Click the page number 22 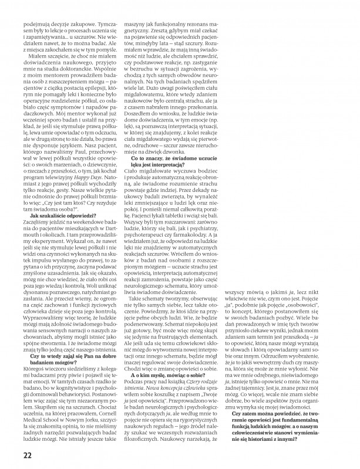(28, 455)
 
